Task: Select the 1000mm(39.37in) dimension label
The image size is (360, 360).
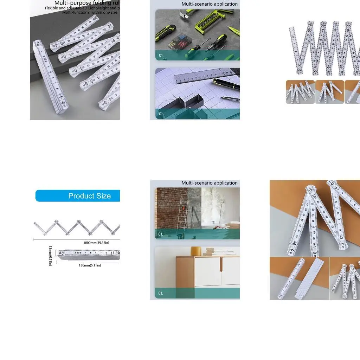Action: pyautogui.click(x=96, y=243)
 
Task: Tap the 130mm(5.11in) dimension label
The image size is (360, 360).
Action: pyautogui.click(x=90, y=265)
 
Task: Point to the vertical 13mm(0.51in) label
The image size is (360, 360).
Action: pyautogui.click(x=50, y=256)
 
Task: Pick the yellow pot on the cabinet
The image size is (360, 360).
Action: pyautogui.click(x=196, y=251)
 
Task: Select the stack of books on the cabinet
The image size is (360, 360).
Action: pyautogui.click(x=213, y=252)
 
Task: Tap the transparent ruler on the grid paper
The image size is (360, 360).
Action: pyautogui.click(x=204, y=77)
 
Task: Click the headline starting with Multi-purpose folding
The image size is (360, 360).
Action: pyautogui.click(x=87, y=3)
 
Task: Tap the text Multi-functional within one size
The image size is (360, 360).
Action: pyautogui.click(x=90, y=12)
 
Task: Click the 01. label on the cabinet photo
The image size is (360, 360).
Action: pyautogui.click(x=161, y=293)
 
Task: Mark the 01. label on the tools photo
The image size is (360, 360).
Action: pyautogui.click(x=161, y=56)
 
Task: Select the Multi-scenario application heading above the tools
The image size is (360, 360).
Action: pyautogui.click(x=210, y=4)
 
